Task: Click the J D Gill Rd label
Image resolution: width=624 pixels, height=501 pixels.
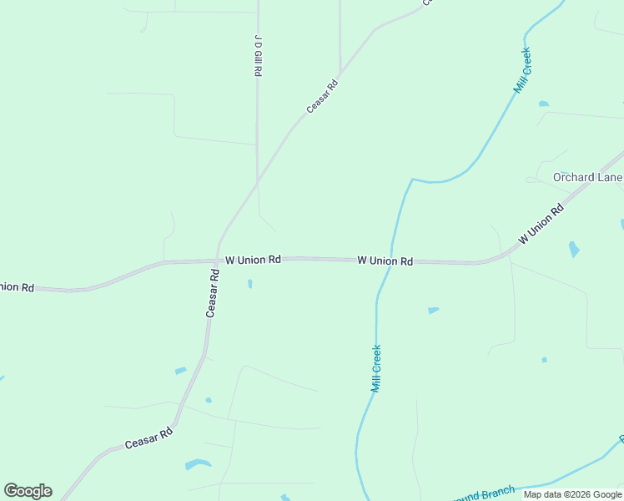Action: click(x=258, y=56)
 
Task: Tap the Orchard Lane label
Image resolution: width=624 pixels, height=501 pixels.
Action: click(x=587, y=177)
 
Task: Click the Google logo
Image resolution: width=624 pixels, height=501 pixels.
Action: click(x=28, y=491)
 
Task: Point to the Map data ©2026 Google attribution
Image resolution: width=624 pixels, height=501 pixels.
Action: click(x=572, y=494)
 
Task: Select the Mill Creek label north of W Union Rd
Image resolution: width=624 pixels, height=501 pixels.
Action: click(x=523, y=70)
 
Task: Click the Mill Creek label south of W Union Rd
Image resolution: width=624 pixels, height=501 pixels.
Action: click(x=376, y=368)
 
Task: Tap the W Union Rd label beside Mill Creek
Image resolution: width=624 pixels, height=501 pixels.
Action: click(x=385, y=261)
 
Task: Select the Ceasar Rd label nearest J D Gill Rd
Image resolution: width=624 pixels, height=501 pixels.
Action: click(x=322, y=95)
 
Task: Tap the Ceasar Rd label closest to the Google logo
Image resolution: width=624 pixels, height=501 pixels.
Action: click(x=148, y=438)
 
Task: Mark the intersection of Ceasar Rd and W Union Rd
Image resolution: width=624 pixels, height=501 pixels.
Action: click(x=217, y=261)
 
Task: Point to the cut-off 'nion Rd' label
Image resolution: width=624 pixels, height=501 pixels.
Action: click(x=17, y=287)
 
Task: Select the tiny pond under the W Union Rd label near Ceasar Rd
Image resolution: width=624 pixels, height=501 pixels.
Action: click(x=249, y=284)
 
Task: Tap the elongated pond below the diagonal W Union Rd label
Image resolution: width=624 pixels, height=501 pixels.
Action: click(x=573, y=249)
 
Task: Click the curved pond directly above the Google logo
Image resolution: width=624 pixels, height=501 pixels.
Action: click(x=198, y=463)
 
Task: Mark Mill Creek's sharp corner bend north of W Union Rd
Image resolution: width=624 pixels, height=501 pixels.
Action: click(x=411, y=180)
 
